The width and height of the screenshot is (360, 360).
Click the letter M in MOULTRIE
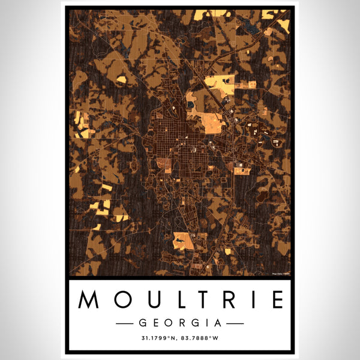click(x=88, y=299)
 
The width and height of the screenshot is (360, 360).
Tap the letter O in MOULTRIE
click(x=117, y=299)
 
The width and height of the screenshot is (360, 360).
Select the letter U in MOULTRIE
click(x=145, y=299)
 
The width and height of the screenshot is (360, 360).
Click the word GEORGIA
click(x=180, y=323)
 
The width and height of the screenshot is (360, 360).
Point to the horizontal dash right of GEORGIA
click(x=232, y=323)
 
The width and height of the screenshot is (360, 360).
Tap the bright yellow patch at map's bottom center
click(x=183, y=241)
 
